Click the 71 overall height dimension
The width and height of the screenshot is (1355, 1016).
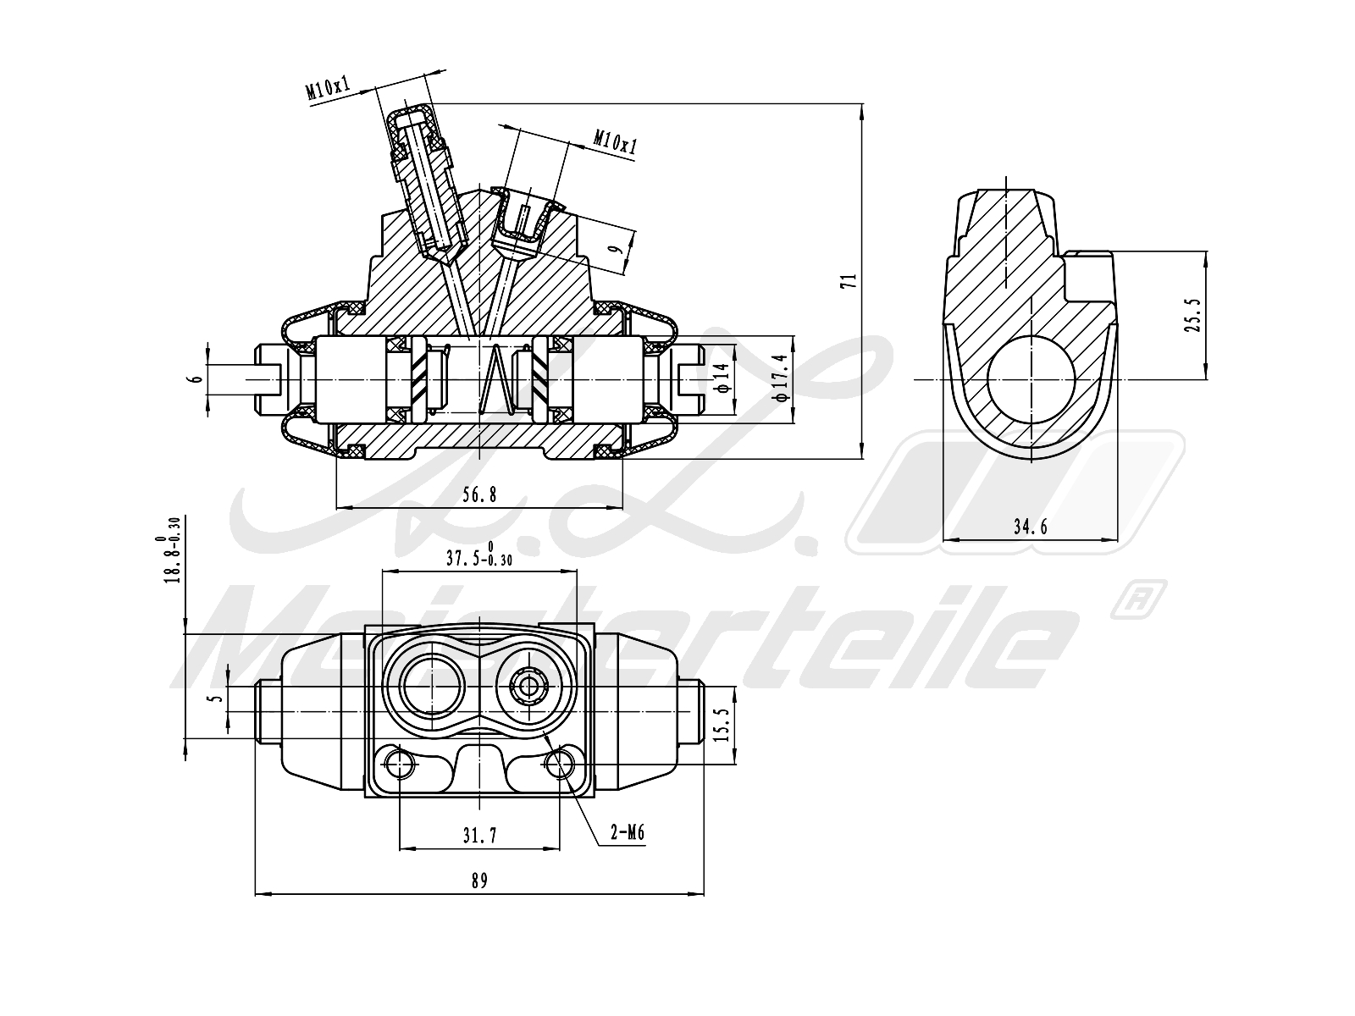[x=854, y=281]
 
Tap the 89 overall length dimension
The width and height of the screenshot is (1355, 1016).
[x=479, y=881]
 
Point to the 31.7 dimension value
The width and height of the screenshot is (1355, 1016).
[x=479, y=836]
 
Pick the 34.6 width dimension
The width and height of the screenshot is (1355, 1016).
[x=1031, y=527]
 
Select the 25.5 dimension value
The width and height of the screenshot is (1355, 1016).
[x=1193, y=315]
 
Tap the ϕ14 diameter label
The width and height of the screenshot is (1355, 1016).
[x=722, y=378]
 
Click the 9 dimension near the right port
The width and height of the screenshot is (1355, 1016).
[x=617, y=249]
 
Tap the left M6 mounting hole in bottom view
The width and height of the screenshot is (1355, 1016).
[x=398, y=765]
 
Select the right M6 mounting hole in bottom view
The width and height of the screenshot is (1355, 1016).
[x=559, y=765]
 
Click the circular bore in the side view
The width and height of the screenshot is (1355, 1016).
[x=1031, y=378]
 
